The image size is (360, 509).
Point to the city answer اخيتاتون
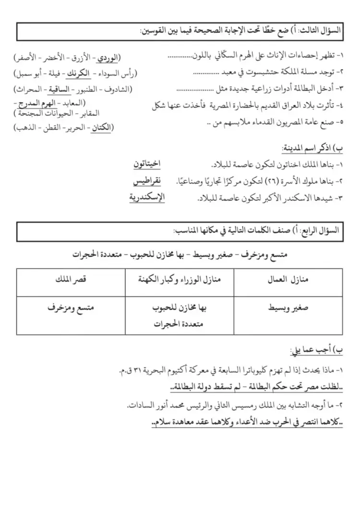pos(146,165)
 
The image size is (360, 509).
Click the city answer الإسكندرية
pos(146,197)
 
